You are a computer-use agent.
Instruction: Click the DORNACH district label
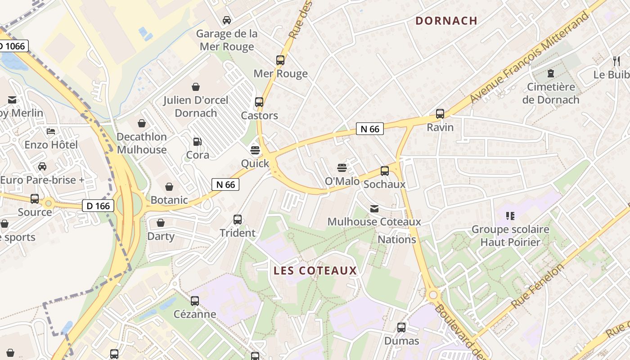click(446, 21)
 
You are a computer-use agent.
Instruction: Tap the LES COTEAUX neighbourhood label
click(315, 270)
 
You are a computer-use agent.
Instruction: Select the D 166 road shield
click(98, 206)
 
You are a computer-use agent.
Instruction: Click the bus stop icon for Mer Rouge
click(280, 60)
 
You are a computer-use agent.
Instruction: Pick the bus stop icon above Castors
click(259, 102)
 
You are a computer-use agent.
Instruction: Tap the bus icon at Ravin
click(440, 114)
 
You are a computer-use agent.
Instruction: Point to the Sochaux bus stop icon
click(384, 171)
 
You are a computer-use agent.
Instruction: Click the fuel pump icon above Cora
click(197, 142)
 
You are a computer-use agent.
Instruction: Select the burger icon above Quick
click(255, 150)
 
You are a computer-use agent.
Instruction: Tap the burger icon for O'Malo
click(342, 168)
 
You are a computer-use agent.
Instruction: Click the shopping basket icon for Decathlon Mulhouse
click(142, 123)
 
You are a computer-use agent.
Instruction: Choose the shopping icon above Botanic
click(169, 186)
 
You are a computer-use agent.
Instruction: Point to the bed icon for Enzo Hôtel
click(51, 131)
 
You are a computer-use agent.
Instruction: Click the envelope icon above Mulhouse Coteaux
click(374, 209)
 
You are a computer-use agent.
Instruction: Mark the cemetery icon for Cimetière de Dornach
click(550, 73)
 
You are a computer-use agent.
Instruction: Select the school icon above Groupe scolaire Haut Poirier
click(510, 216)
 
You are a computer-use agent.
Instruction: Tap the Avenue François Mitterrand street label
click(529, 57)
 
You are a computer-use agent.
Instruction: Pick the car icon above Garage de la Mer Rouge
click(227, 20)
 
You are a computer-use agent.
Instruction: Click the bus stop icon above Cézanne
click(194, 301)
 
